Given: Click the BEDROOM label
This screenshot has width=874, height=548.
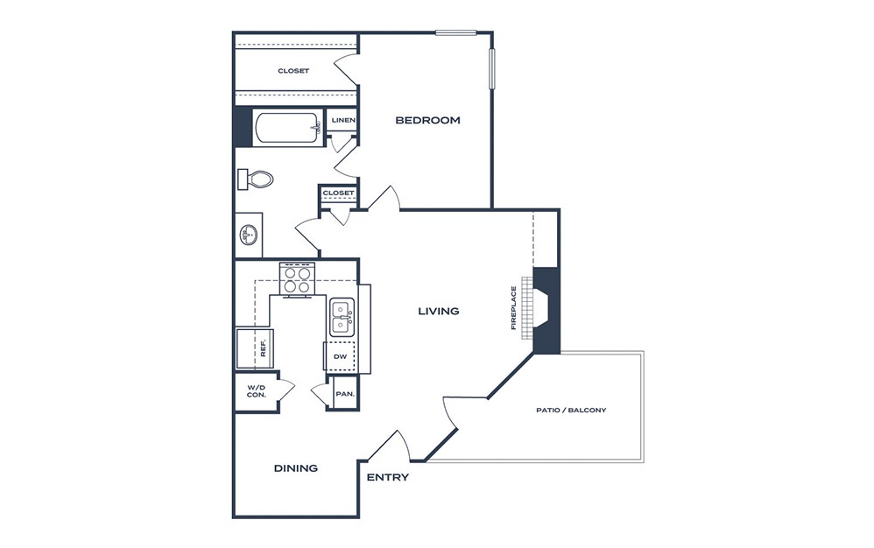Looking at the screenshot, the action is (x=427, y=120).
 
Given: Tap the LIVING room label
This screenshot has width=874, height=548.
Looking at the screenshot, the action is (x=439, y=311).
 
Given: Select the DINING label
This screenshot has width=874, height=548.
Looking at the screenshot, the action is (x=296, y=468).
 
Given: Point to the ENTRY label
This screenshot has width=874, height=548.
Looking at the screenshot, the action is (x=388, y=477).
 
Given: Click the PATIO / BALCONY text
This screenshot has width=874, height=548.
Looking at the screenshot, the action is (x=571, y=410).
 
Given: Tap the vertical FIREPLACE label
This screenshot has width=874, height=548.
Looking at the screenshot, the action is (x=514, y=308).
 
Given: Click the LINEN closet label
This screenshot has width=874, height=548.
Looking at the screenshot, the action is (x=343, y=120).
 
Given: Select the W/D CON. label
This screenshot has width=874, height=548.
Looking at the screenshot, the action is (x=257, y=391).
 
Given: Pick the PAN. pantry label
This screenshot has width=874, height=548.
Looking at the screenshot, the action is (x=345, y=394).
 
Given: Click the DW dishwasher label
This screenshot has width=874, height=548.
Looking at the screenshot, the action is (x=340, y=356).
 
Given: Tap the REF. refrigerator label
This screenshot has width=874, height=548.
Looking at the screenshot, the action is (x=263, y=348).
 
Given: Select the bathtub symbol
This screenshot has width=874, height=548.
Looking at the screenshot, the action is (x=288, y=129).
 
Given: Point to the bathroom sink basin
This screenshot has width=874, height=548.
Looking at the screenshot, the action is (x=249, y=235).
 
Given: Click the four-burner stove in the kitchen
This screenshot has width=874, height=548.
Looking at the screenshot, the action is (x=297, y=279).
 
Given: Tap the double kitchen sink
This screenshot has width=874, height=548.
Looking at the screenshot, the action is (x=342, y=318).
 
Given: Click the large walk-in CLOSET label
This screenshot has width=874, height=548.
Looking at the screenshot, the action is (x=293, y=71).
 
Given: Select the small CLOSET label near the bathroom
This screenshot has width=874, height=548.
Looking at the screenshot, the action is (x=338, y=193).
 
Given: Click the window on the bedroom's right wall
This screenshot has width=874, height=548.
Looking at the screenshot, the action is (x=492, y=68).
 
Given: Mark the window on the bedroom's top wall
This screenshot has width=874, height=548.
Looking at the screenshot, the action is (x=456, y=32).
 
